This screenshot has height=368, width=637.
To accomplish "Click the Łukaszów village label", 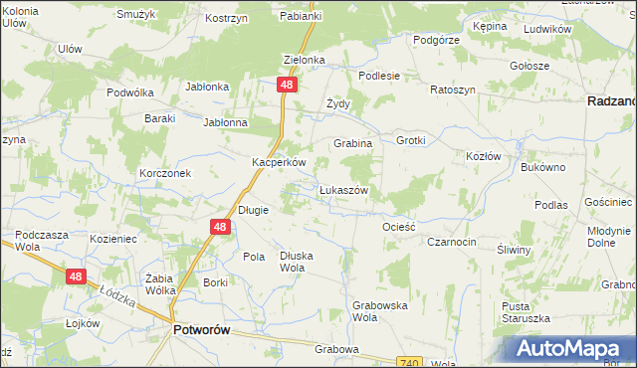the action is tap(344, 190).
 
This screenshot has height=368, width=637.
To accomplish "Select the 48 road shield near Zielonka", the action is tap(287, 87).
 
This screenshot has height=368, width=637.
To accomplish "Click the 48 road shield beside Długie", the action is tap(221, 228).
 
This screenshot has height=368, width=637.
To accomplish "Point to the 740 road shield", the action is tap(411, 363).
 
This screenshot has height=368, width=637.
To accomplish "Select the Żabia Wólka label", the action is tap(160, 283).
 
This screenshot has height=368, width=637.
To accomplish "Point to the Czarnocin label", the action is tap(451, 242).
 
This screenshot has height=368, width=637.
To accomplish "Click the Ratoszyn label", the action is tap(453, 90).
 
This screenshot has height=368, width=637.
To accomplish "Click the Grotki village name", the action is tap(410, 140).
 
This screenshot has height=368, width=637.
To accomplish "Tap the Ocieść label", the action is tap(398, 227).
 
